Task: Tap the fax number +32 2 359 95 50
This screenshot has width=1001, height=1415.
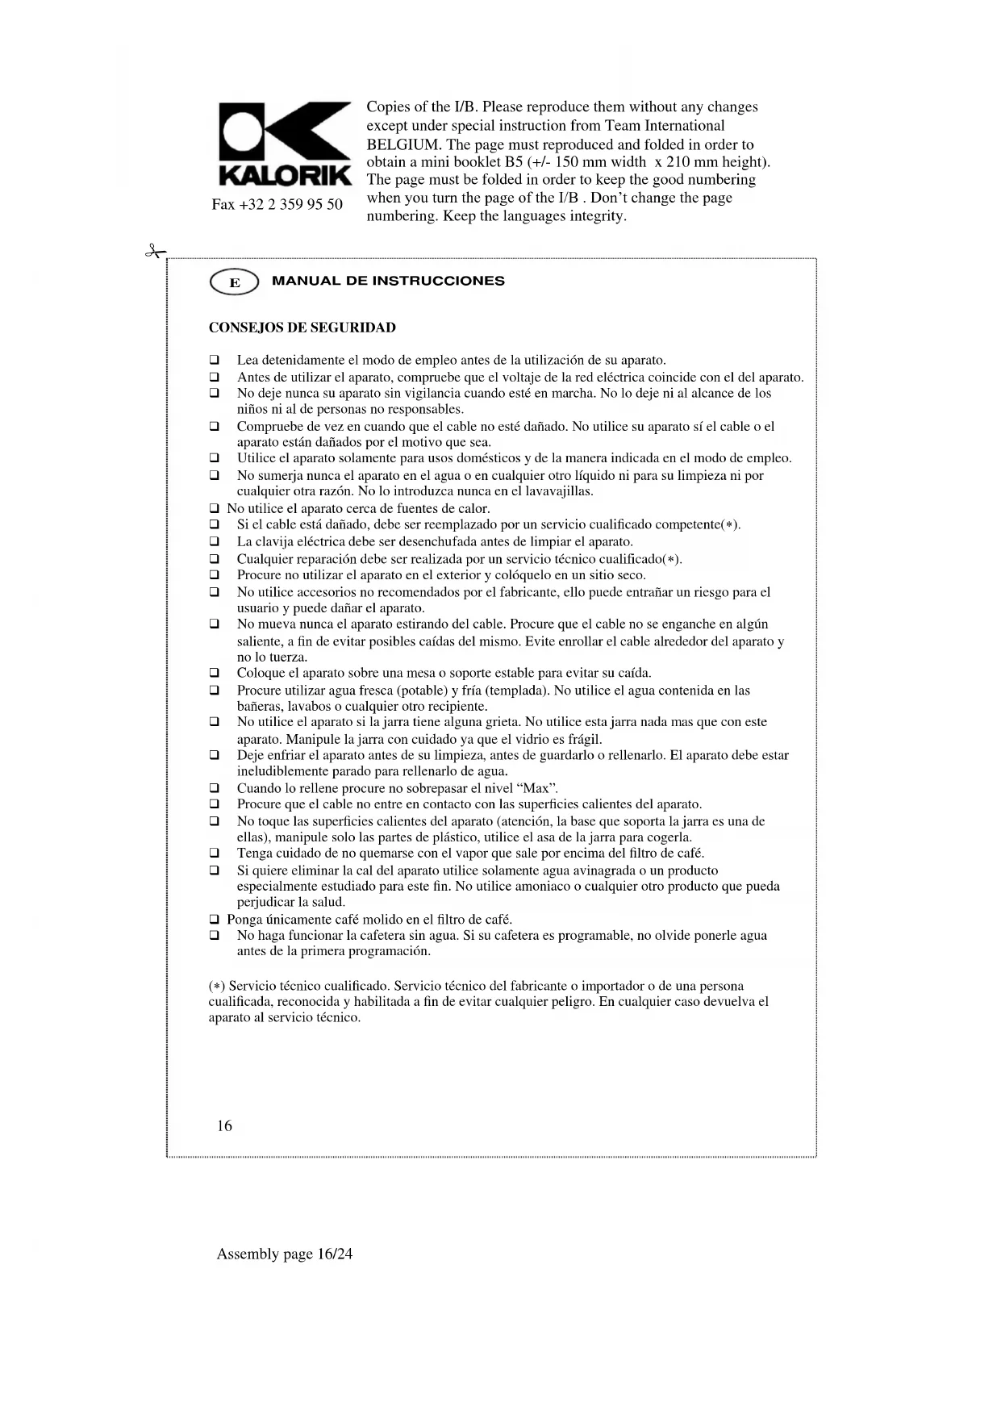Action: (277, 204)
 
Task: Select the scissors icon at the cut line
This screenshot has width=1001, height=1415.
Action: (154, 252)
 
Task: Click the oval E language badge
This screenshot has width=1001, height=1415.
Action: (234, 282)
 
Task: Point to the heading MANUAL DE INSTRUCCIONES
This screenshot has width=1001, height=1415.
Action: (388, 282)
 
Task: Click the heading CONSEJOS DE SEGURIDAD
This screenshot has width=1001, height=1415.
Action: (302, 328)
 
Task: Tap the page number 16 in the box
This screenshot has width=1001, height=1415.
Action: (224, 1125)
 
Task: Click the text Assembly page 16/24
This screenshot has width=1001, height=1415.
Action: (284, 1254)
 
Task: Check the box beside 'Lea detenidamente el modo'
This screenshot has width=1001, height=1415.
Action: (215, 360)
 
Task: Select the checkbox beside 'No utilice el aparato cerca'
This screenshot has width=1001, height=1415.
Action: (215, 509)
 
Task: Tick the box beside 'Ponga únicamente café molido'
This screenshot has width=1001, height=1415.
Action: (215, 920)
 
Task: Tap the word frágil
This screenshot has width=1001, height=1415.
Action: (584, 739)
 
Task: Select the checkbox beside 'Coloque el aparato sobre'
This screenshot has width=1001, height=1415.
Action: (215, 673)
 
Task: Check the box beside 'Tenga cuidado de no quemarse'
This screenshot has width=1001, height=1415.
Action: (215, 854)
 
